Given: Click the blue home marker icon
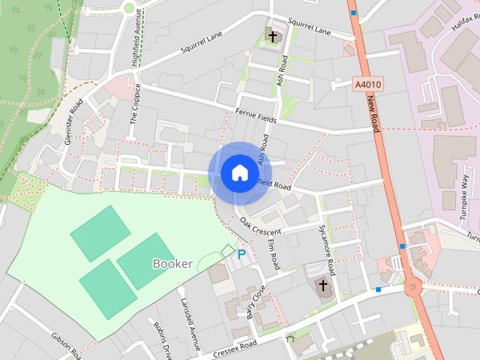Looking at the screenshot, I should [x=239, y=173].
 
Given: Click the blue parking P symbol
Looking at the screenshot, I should [x=241, y=255].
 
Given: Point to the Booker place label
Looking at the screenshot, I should [x=172, y=263].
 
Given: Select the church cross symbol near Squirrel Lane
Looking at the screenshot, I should [x=273, y=36].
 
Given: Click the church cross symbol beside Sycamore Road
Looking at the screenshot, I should [x=322, y=286].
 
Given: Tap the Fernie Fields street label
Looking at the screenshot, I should [x=256, y=115].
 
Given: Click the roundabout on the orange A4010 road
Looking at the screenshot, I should [x=413, y=286].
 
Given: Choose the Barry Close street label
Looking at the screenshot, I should [x=256, y=301].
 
